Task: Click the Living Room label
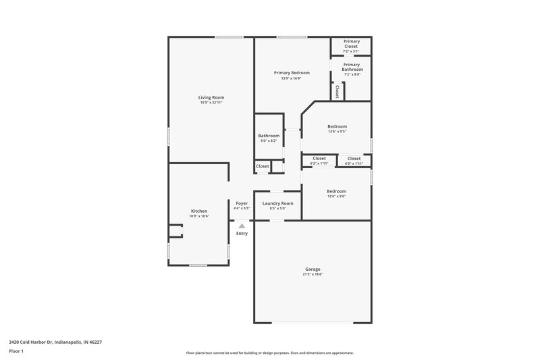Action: tap(211, 97)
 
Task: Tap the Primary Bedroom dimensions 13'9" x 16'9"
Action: tap(292, 78)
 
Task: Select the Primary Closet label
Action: tap(351, 44)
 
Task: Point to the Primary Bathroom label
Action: tap(351, 67)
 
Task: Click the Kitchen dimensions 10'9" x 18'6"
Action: tap(198, 216)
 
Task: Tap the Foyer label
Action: tap(242, 203)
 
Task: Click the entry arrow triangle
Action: tap(242, 226)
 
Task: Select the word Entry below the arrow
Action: tap(242, 234)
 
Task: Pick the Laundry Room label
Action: tap(277, 203)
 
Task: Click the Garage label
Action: tap(313, 269)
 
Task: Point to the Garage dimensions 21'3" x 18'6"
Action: tap(313, 274)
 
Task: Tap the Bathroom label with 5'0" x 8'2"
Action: tap(269, 136)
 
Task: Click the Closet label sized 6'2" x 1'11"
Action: tap(319, 158)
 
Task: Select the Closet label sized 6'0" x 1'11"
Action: tap(354, 158)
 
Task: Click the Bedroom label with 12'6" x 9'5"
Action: tap(337, 126)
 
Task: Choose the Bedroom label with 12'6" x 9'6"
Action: tap(337, 191)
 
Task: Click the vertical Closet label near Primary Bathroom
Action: tap(337, 90)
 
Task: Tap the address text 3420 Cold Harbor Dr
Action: tap(55, 342)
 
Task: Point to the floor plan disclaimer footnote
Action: tap(269, 353)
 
